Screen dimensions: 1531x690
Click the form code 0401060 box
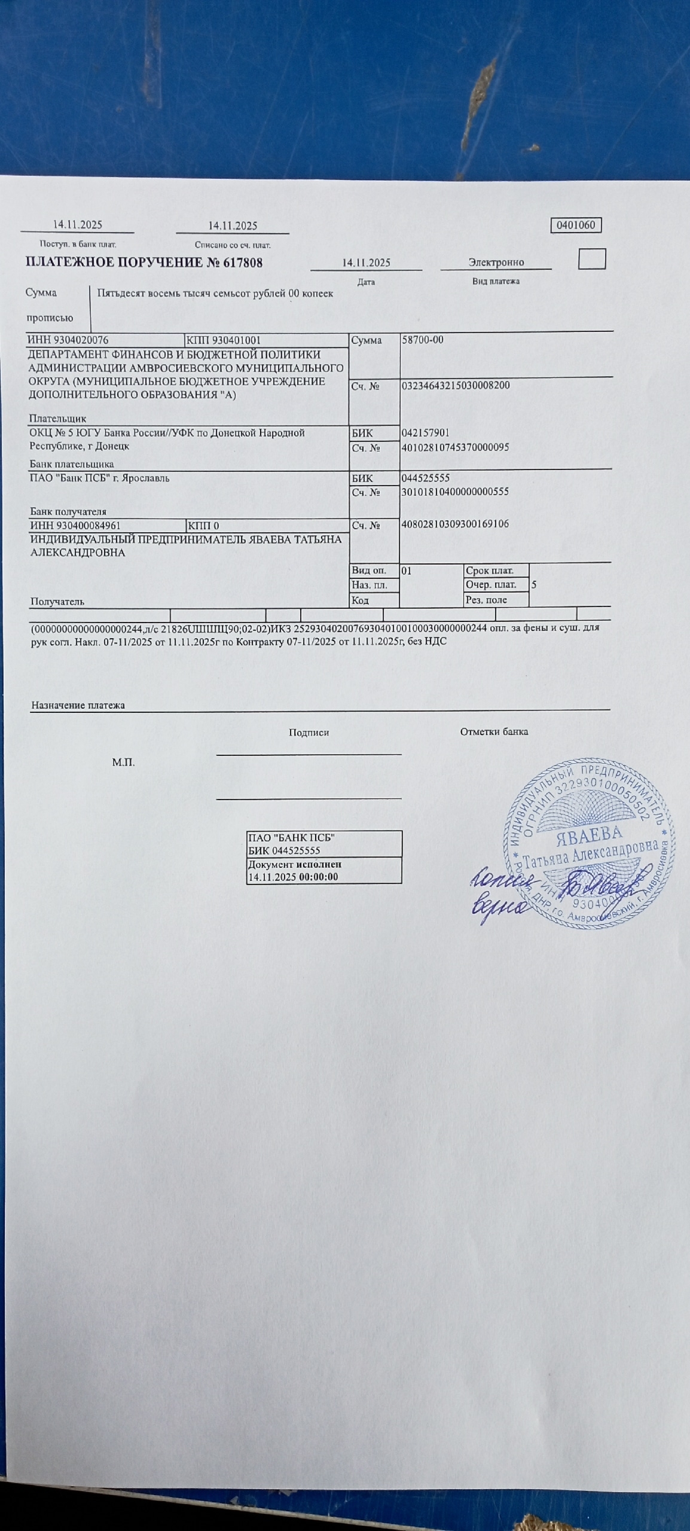click(x=575, y=225)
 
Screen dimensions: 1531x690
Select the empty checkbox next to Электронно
click(x=592, y=259)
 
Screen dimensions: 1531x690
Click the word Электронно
click(x=496, y=262)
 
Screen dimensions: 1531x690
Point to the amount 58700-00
click(x=423, y=340)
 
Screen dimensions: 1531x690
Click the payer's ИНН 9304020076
click(x=68, y=340)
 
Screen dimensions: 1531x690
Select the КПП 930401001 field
click(x=224, y=340)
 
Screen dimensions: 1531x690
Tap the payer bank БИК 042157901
click(x=426, y=433)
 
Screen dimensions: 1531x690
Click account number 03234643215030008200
click(x=456, y=386)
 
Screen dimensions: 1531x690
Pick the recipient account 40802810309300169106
click(x=455, y=524)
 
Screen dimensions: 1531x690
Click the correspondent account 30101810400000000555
click(x=455, y=492)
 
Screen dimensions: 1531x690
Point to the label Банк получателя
click(x=68, y=512)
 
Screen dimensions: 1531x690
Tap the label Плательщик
click(x=58, y=419)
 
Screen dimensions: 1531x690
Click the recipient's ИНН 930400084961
click(x=75, y=526)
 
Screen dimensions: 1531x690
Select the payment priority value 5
click(x=534, y=585)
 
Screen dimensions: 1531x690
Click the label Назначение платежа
click(x=78, y=705)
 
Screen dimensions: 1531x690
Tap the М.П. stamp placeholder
click(x=123, y=763)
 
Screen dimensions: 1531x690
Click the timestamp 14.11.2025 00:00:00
click(x=293, y=877)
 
